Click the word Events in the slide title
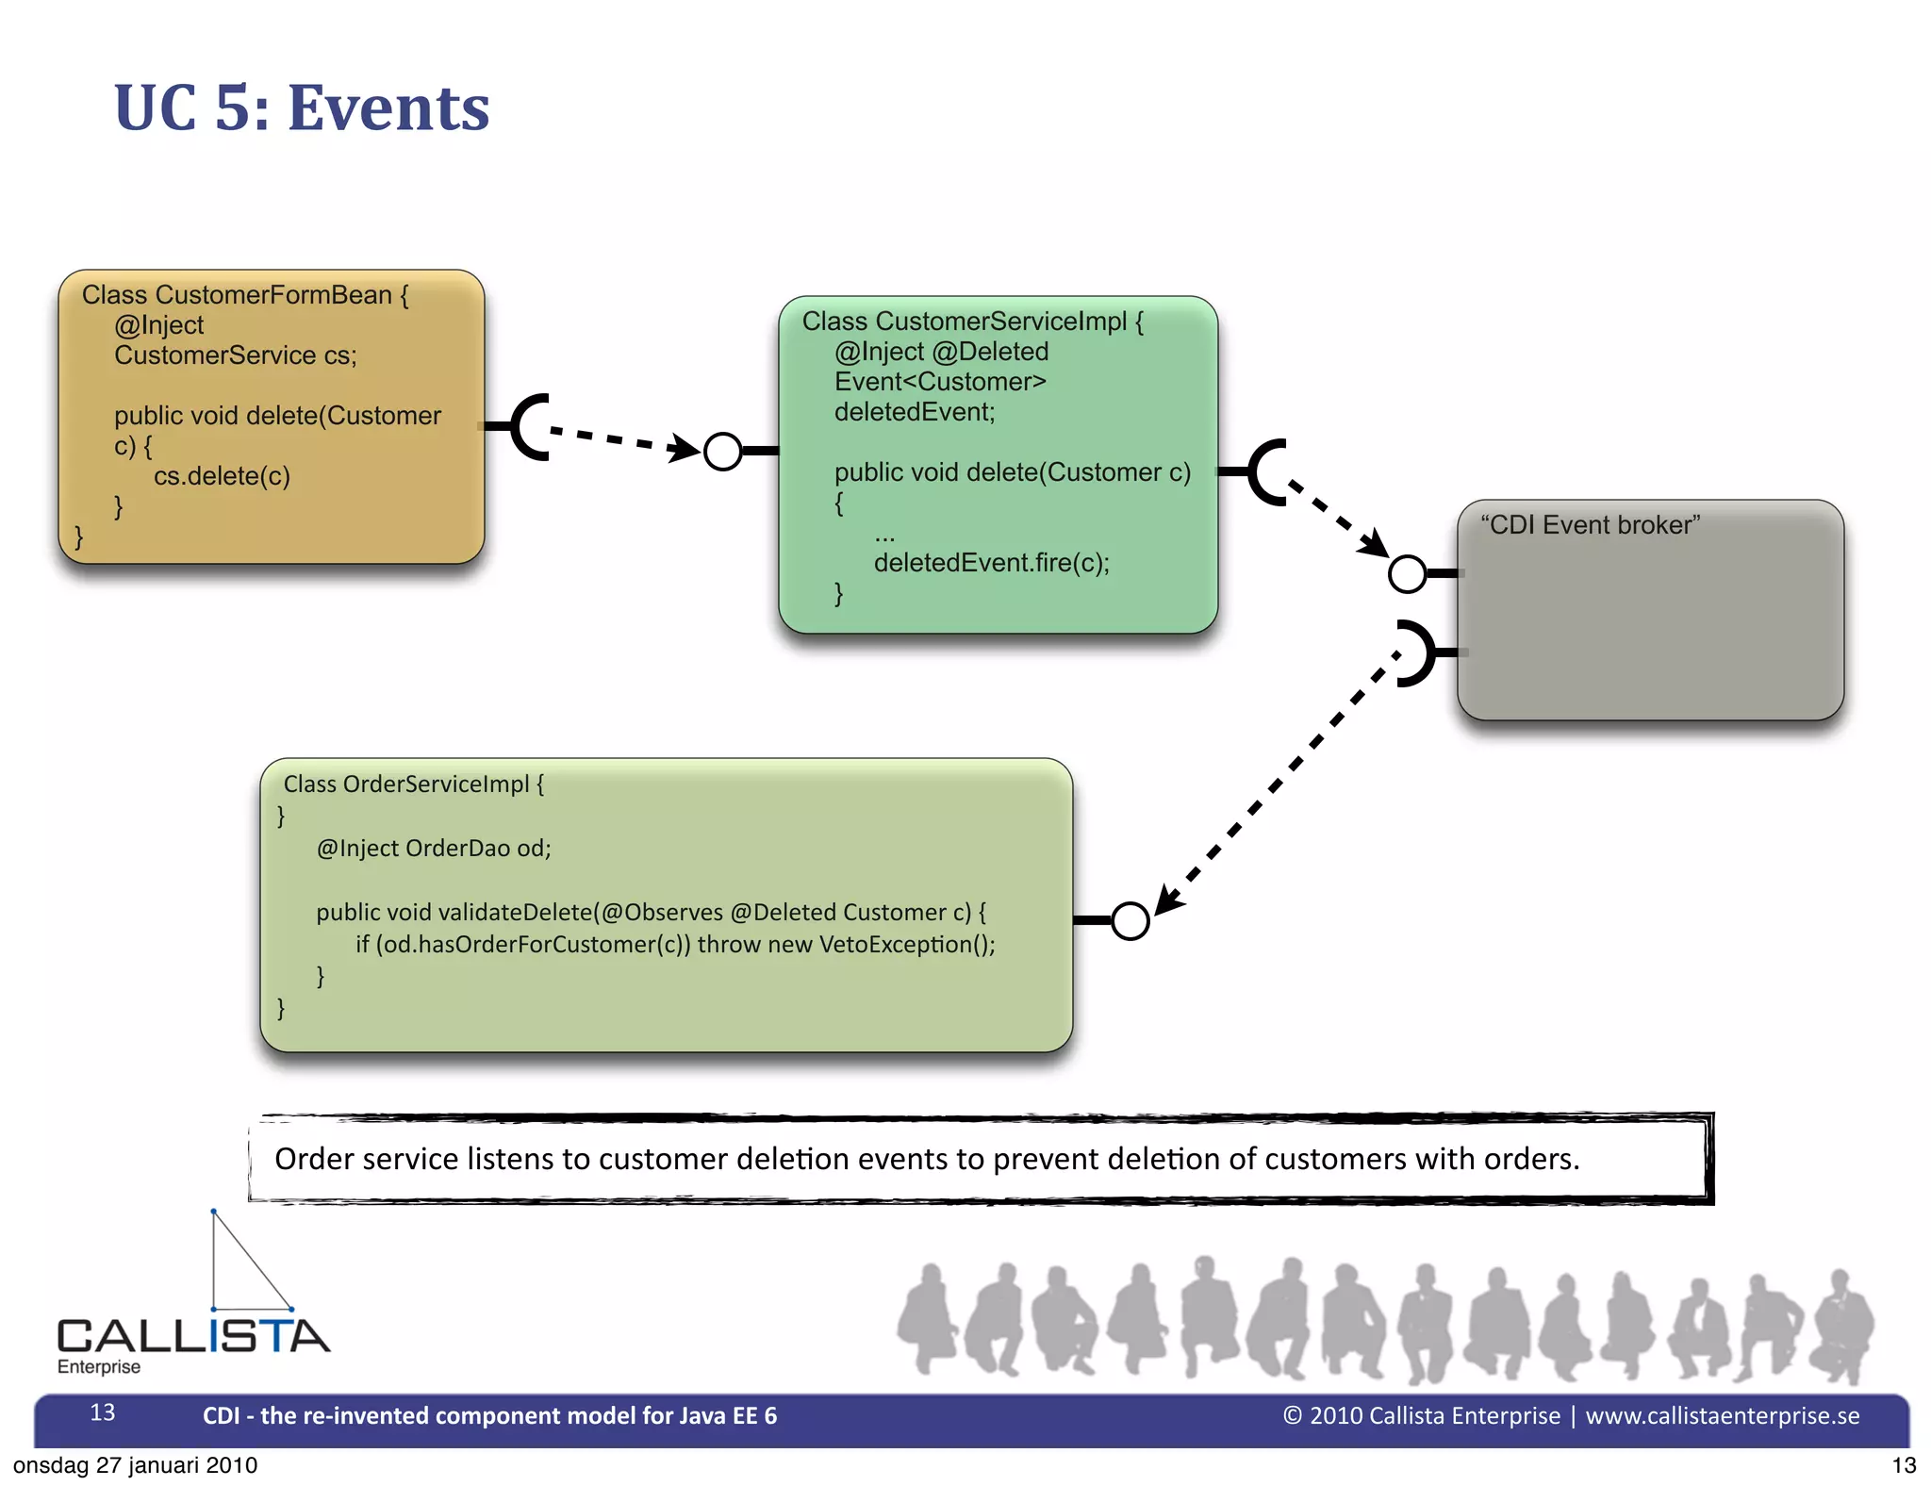(x=388, y=108)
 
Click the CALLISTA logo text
(x=193, y=1336)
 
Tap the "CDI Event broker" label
(x=1590, y=525)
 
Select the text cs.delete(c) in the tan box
(x=222, y=476)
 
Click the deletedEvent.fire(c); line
(x=991, y=563)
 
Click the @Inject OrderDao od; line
(x=434, y=848)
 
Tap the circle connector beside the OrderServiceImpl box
(x=1130, y=920)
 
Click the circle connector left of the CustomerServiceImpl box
(x=723, y=452)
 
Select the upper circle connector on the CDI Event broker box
(x=1407, y=573)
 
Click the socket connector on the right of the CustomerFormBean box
(x=528, y=427)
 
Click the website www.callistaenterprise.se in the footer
(x=1722, y=1415)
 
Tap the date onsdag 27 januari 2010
(x=135, y=1465)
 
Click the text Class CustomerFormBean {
(x=245, y=295)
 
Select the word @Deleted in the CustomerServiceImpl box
(x=990, y=352)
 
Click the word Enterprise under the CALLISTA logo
(x=99, y=1366)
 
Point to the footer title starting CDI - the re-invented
(x=489, y=1415)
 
